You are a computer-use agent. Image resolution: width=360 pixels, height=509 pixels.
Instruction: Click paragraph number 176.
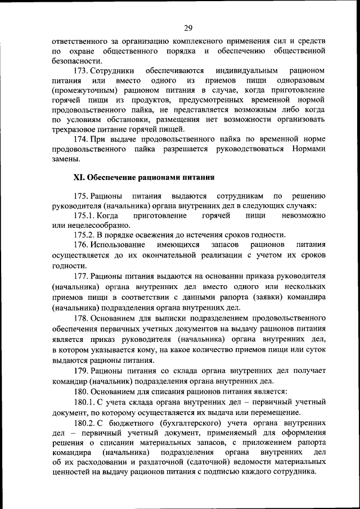(83, 245)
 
